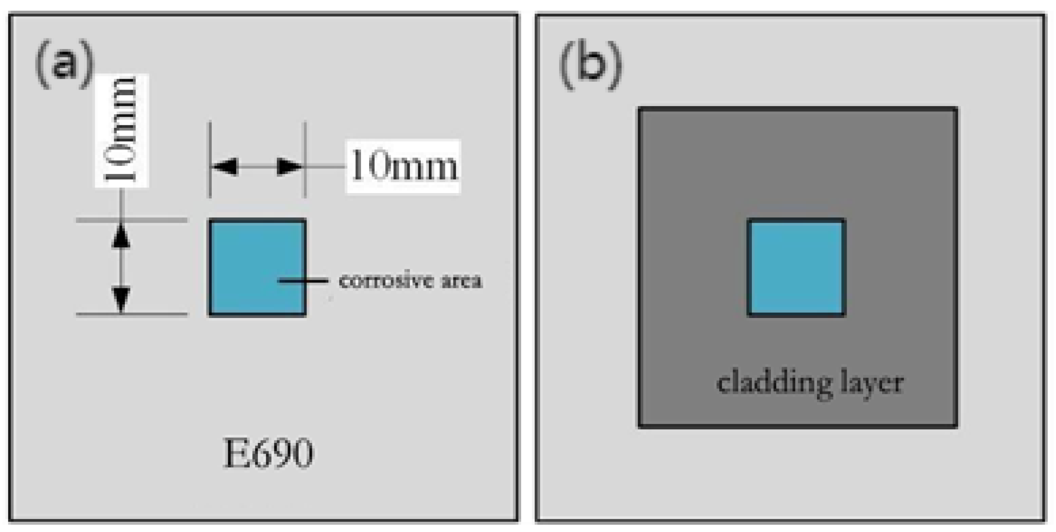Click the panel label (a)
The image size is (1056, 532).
click(64, 64)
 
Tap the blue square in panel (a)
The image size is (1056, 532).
click(257, 268)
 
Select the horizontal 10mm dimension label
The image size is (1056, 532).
click(403, 167)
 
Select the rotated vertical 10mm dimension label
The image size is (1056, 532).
click(121, 130)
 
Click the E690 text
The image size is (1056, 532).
click(268, 454)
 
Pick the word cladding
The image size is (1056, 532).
click(768, 383)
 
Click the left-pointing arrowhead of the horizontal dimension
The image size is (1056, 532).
click(225, 167)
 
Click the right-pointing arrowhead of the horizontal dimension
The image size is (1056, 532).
click(290, 167)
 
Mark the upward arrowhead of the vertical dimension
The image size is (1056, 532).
click(121, 236)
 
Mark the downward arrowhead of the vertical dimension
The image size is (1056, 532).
click(121, 299)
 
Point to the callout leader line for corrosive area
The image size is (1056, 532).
click(304, 281)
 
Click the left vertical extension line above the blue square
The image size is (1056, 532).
click(210, 146)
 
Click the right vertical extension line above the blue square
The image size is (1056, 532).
click(305, 146)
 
